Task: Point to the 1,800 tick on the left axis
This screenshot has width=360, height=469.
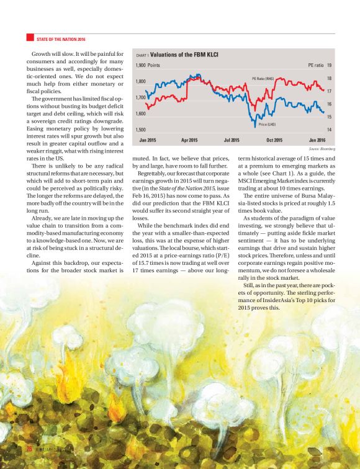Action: click(141, 81)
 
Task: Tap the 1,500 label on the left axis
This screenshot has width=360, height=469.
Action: click(141, 130)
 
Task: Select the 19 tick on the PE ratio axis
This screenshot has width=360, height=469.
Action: click(329, 65)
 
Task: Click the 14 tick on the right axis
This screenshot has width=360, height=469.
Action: click(329, 130)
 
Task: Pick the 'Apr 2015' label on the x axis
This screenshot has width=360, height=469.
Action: click(189, 140)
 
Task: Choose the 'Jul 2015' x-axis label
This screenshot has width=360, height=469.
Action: click(232, 140)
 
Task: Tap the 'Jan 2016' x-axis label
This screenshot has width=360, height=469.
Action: click(317, 140)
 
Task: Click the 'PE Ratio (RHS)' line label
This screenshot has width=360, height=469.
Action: click(268, 79)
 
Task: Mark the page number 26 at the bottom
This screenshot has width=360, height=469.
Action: click(28, 449)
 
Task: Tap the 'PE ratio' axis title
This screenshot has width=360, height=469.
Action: click(315, 65)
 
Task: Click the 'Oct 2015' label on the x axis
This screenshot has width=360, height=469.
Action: click(274, 140)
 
